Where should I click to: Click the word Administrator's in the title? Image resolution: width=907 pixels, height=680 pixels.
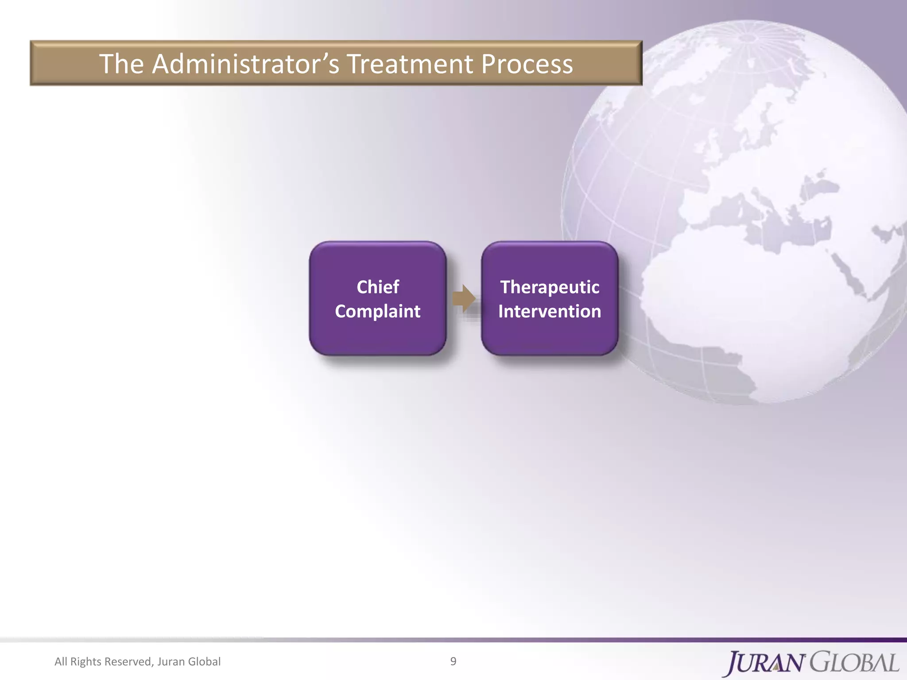click(x=246, y=64)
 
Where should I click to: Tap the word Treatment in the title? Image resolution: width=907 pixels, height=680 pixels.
click(x=410, y=64)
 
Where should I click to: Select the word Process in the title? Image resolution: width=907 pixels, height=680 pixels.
click(x=527, y=64)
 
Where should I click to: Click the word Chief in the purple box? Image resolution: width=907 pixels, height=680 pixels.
click(x=378, y=287)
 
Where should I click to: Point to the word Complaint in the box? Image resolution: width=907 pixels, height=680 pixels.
click(x=378, y=311)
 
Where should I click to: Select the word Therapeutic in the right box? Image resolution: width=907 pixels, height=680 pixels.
click(x=550, y=287)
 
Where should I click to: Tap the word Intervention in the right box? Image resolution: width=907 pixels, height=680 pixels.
click(x=550, y=311)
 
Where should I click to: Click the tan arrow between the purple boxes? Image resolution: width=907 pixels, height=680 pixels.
click(x=464, y=298)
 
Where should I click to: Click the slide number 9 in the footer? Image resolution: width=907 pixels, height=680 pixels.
click(x=453, y=661)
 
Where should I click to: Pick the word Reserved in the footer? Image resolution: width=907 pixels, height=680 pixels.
click(x=128, y=661)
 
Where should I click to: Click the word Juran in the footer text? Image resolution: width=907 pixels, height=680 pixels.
click(x=171, y=661)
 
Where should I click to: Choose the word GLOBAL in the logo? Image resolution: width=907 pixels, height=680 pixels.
click(x=855, y=662)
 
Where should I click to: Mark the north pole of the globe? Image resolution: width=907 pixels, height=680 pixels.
click(x=748, y=38)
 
